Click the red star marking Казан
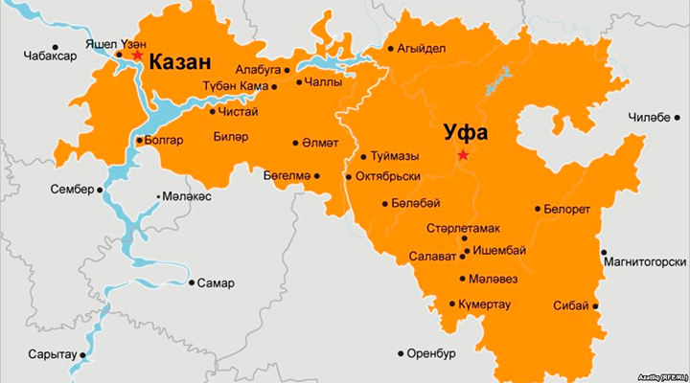137,56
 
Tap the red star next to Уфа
463,155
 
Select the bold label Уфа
464,132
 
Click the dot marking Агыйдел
390,49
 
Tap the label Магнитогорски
645,261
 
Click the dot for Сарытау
83,354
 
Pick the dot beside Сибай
596,306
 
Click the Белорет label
567,209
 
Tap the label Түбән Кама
234,87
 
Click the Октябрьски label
388,177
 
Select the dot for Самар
191,283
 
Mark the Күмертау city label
485,304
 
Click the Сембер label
72,190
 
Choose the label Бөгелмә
287,175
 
